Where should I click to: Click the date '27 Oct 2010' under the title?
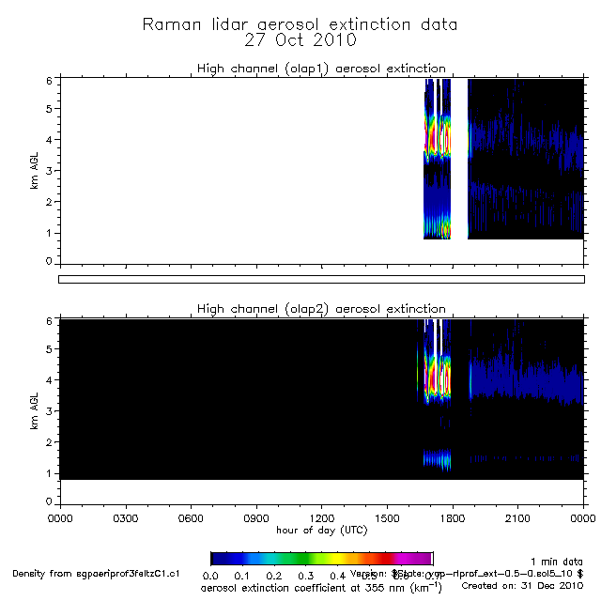point(300,40)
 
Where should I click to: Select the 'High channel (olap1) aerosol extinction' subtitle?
point(320,68)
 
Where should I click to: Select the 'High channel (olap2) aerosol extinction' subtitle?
point(320,308)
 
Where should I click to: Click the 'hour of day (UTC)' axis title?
point(321,530)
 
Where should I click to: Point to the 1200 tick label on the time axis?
point(321,517)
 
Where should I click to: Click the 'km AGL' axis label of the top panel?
point(35,171)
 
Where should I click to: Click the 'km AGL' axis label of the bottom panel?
point(35,411)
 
